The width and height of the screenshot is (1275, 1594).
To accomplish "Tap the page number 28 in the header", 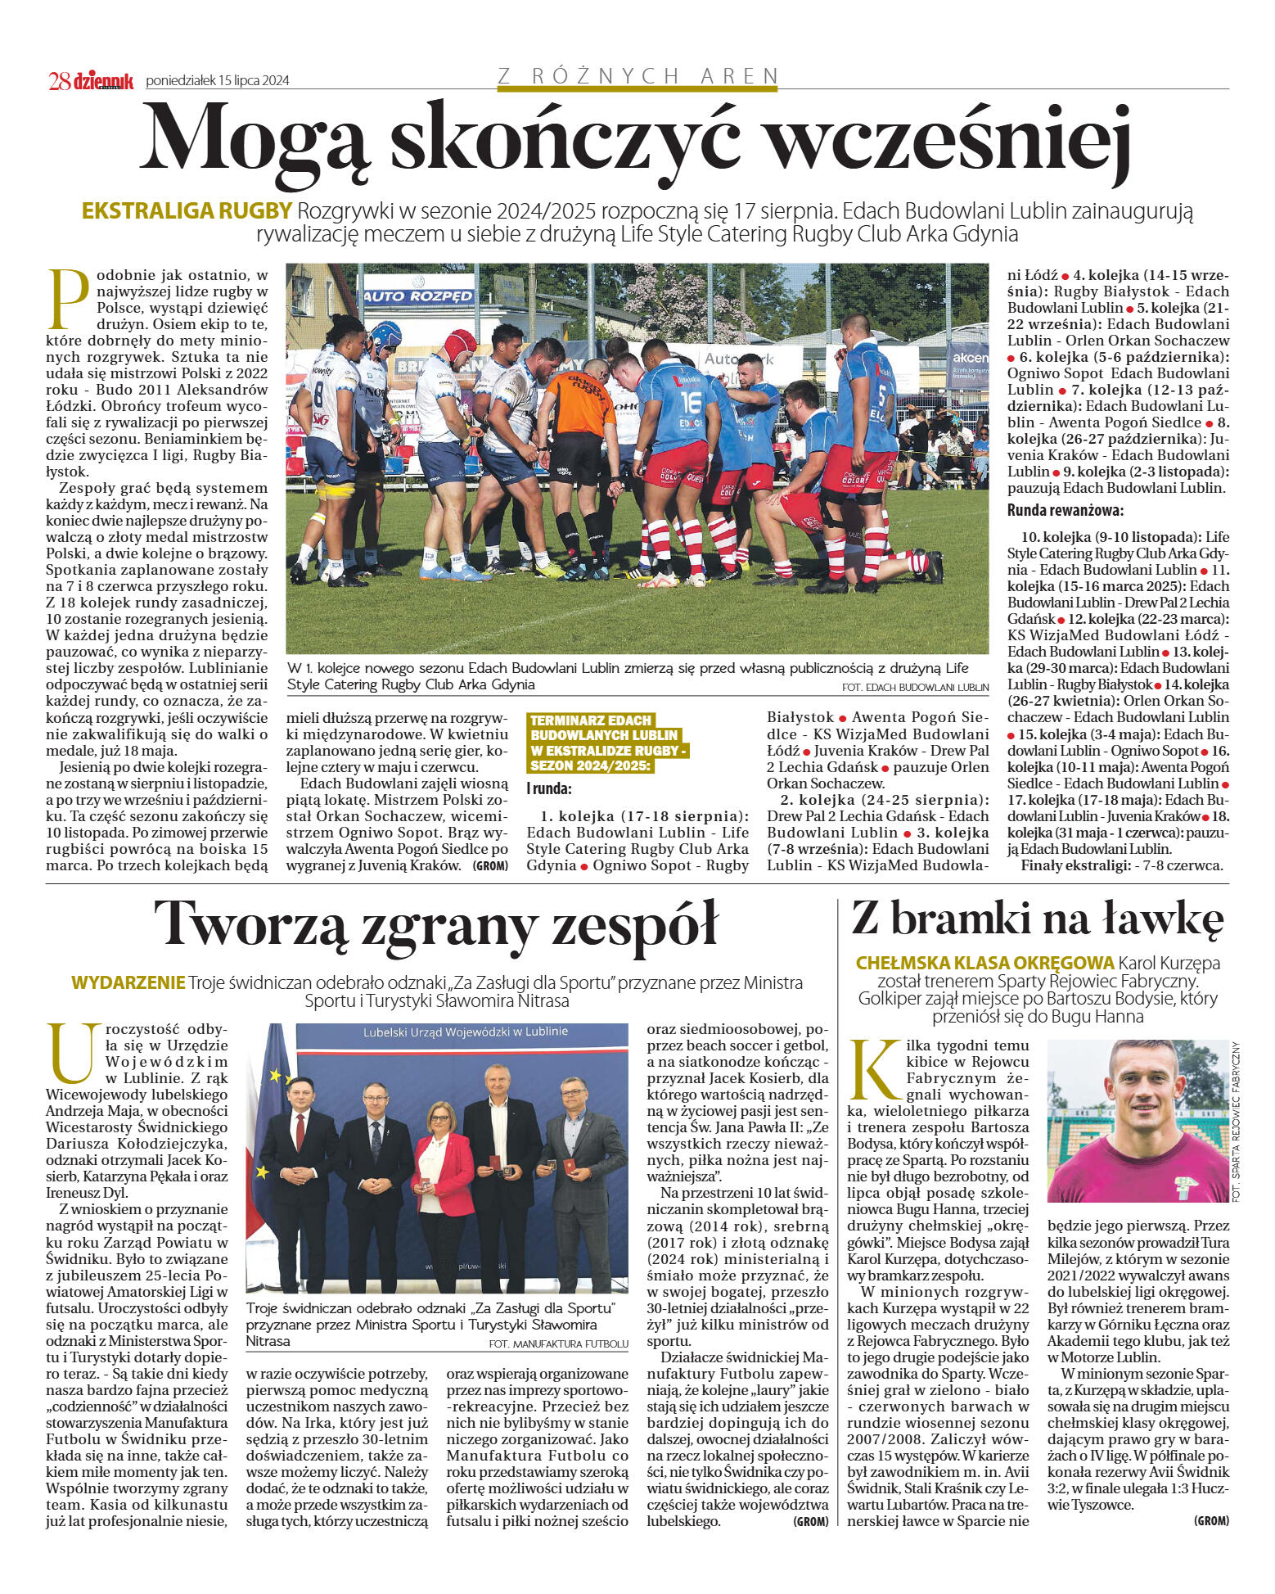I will click(59, 81).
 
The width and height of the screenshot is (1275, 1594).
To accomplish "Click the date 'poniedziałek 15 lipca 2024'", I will click(217, 81).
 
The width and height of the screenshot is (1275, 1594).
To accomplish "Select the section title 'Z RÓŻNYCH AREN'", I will click(637, 76).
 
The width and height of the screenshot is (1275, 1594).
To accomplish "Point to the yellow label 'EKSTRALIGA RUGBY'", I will click(187, 211).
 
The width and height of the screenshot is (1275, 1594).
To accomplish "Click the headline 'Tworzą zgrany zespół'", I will click(435, 923).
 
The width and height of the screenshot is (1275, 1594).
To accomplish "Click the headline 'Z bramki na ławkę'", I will click(1037, 919).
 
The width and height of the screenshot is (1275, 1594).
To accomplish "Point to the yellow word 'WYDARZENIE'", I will click(128, 982).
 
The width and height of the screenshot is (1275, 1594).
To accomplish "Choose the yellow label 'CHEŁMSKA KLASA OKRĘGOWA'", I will click(984, 963).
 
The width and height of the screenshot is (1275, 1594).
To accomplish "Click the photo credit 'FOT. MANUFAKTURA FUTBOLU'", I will click(558, 1343).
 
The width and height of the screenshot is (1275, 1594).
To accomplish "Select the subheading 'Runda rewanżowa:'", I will click(1065, 511).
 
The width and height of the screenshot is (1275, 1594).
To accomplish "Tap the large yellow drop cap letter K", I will click(875, 1072).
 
